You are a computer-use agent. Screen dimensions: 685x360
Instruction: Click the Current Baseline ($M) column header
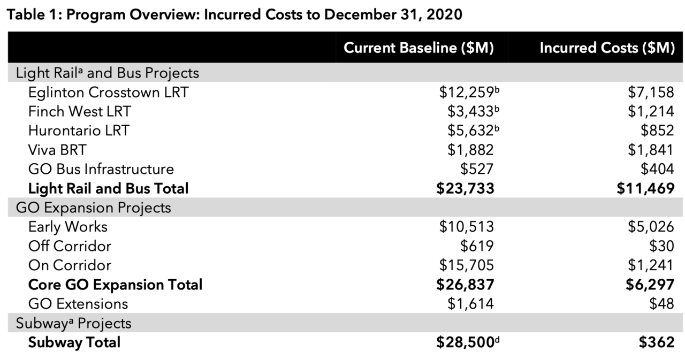418,48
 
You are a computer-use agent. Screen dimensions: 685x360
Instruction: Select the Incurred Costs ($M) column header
607,48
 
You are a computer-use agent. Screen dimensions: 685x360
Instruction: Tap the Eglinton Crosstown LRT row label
108,93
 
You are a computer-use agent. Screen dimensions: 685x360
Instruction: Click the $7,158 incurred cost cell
651,93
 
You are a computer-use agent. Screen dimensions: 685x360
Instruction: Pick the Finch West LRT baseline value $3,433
470,112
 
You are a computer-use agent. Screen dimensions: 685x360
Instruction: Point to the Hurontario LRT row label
79,131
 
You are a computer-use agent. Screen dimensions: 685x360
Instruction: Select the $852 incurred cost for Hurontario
657,131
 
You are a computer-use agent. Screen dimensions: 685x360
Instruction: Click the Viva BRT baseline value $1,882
470,150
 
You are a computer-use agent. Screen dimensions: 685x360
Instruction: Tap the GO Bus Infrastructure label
101,169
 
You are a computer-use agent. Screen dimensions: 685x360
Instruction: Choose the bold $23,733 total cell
465,188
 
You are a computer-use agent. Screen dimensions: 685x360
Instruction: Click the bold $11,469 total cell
645,188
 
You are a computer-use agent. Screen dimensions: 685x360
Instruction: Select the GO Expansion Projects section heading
93,208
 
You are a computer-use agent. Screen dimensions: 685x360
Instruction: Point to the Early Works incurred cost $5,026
651,227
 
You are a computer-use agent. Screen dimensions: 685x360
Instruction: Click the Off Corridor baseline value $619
477,246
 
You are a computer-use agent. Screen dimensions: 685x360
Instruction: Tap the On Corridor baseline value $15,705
466,265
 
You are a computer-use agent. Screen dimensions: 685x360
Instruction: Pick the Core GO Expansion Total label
115,285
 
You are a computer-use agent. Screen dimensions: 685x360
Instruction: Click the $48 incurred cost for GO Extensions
661,304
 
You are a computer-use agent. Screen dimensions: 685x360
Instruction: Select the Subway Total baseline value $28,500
465,342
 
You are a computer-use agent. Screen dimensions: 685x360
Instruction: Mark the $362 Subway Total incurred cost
657,342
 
